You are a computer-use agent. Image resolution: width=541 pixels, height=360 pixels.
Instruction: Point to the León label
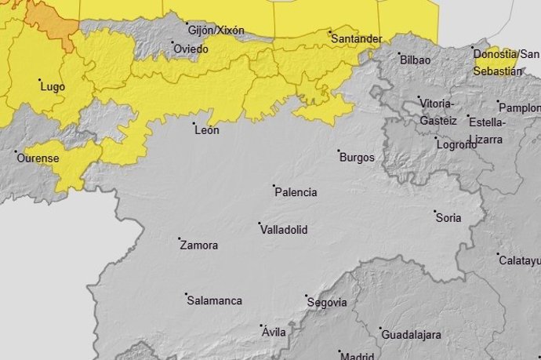point(207,130)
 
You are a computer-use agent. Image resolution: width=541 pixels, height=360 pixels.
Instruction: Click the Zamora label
point(199,245)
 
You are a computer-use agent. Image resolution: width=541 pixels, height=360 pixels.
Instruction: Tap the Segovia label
point(329,302)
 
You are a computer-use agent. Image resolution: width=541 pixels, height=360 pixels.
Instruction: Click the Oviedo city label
point(191,49)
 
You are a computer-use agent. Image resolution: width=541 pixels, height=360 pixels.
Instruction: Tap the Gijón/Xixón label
point(216,31)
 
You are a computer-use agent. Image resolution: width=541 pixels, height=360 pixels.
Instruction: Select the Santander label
point(357,38)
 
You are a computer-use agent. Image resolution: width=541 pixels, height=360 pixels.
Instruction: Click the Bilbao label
point(416,60)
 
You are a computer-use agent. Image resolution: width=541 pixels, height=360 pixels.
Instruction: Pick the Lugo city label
point(52,85)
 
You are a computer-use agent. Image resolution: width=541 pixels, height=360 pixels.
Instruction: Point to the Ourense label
point(38,158)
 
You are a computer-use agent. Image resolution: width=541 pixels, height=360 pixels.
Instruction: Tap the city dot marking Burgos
point(339,151)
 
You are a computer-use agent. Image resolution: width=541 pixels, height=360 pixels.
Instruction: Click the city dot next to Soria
point(436,211)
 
